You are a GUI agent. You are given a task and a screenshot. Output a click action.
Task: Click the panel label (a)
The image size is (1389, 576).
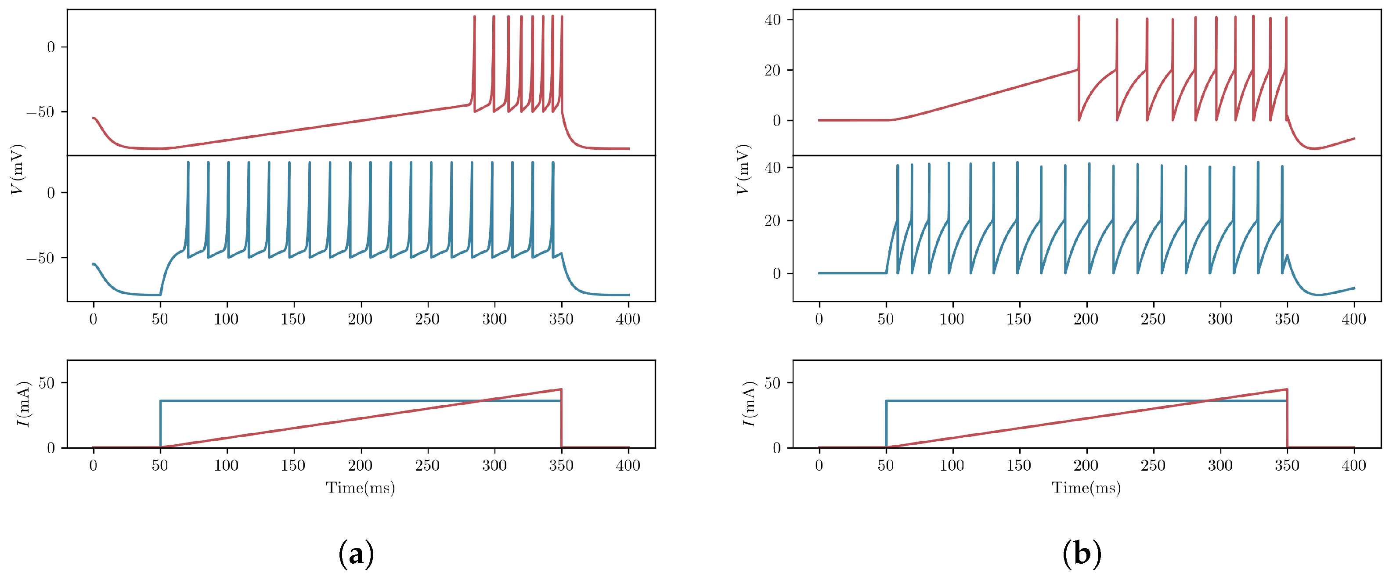[356, 553]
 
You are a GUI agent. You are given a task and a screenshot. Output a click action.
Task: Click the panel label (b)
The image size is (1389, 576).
[1081, 553]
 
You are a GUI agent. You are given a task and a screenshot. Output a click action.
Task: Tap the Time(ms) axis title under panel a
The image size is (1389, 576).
[360, 488]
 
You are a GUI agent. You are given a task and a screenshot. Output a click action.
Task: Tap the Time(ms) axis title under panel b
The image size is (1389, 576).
[1086, 488]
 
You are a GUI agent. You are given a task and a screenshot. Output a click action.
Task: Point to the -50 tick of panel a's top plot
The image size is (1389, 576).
[40, 112]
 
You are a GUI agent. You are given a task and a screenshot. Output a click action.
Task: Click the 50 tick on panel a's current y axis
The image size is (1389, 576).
[47, 383]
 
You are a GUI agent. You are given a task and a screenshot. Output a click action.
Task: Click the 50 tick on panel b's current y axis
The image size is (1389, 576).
[773, 383]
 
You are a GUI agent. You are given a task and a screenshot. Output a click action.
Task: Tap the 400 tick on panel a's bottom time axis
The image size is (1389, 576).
[628, 465]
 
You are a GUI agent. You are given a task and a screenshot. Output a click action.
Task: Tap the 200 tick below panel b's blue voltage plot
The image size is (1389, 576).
[1086, 319]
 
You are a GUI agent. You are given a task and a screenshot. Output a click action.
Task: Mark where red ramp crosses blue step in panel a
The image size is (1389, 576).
[481, 400]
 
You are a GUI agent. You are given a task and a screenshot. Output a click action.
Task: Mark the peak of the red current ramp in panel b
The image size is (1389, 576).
[1287, 389]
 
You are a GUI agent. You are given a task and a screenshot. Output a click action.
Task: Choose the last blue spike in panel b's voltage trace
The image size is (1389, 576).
[1282, 216]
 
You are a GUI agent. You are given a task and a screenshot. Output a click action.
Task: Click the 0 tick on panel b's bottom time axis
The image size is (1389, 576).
[819, 465]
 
